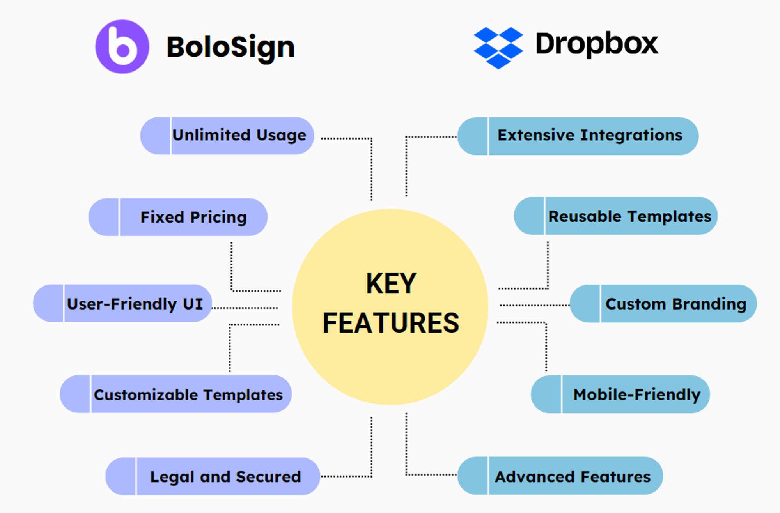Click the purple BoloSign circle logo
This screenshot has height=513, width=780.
point(122,47)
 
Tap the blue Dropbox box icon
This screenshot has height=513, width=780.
point(498,48)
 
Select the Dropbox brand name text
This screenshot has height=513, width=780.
point(597,44)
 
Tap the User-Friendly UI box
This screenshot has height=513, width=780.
point(123,303)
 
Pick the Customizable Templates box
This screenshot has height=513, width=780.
point(176,394)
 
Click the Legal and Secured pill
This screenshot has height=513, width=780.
point(213,476)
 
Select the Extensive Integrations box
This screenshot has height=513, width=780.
point(578,136)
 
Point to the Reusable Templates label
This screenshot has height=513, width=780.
point(616,216)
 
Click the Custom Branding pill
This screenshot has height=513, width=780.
point(663,304)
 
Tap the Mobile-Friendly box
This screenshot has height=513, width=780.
point(620,394)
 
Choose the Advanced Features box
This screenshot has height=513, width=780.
point(560,476)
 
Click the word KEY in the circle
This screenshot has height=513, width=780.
point(391,283)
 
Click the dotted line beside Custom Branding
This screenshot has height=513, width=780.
point(534,305)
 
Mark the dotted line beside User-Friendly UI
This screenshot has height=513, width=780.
point(245,308)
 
